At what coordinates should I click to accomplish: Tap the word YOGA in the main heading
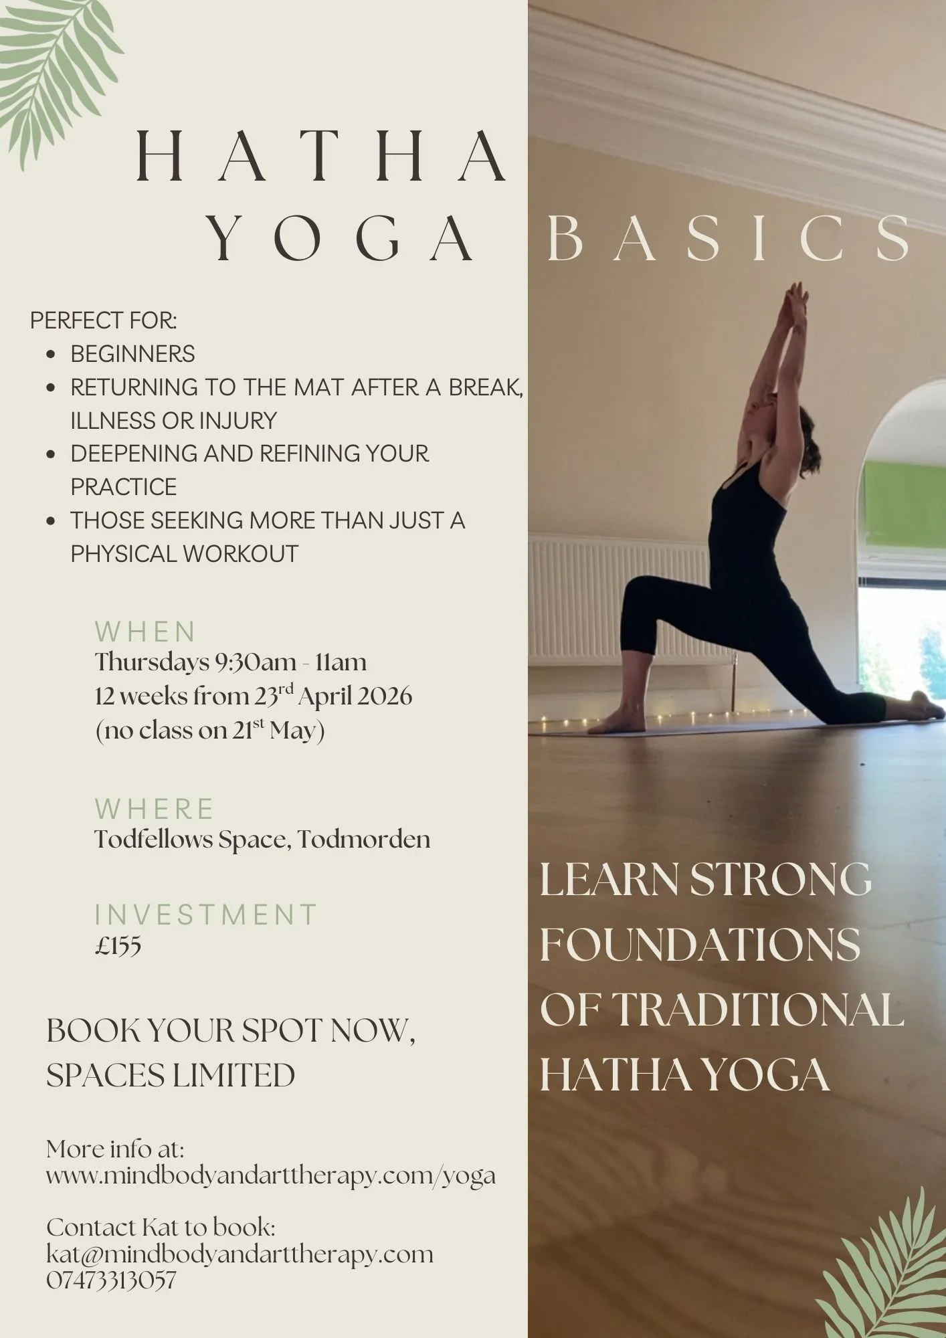pos(340,239)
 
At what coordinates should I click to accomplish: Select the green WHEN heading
pos(145,632)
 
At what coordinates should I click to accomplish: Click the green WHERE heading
pos(154,809)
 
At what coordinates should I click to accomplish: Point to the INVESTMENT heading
pos(205,915)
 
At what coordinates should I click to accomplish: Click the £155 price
pos(118,946)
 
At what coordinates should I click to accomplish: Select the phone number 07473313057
pos(111,1280)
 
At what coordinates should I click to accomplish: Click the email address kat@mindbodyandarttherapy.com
pos(240,1254)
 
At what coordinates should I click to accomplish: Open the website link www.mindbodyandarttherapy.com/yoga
pos(271,1175)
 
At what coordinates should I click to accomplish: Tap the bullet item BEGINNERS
pos(132,354)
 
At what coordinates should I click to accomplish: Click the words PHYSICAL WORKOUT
pos(184,554)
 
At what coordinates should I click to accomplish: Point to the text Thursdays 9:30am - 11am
pos(231,662)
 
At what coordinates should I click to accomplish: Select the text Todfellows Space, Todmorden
pos(262,840)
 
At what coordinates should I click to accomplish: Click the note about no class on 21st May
pos(210,731)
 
